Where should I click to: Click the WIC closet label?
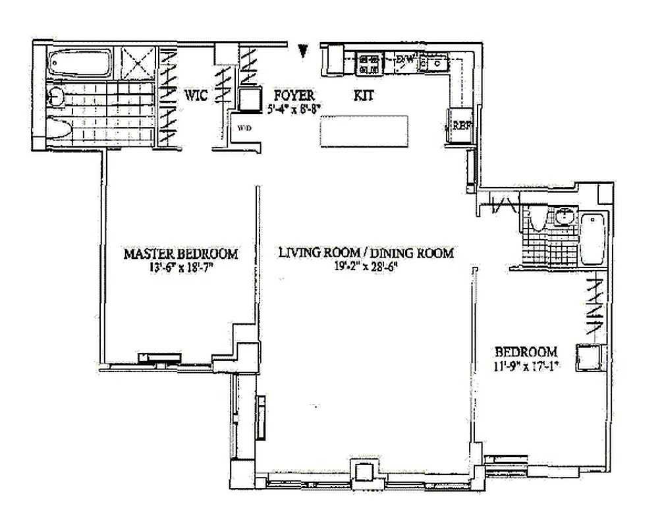pyautogui.click(x=196, y=96)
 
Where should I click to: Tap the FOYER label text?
pyautogui.click(x=290, y=95)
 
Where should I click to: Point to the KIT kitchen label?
pyautogui.click(x=364, y=96)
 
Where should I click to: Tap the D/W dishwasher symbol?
pyautogui.click(x=405, y=61)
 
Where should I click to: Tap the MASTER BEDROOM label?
pyautogui.click(x=181, y=254)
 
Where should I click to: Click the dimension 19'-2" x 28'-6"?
pyautogui.click(x=366, y=267)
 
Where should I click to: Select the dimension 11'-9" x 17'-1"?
pyautogui.click(x=527, y=366)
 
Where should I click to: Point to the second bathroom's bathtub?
pyautogui.click(x=592, y=238)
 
